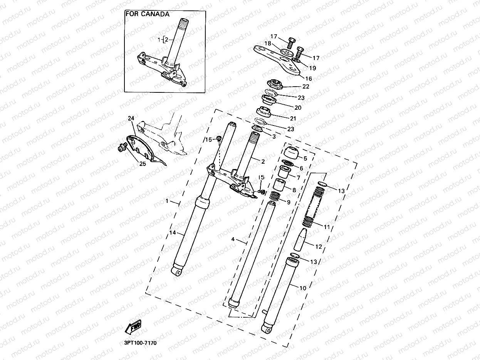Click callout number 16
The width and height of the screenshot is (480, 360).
click(x=308, y=78)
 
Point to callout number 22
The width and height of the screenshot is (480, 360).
click(x=306, y=87)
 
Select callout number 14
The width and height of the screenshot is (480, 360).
click(x=172, y=233)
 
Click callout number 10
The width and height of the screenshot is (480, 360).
click(x=302, y=288)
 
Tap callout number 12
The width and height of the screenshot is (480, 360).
click(x=318, y=246)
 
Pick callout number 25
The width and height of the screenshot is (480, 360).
click(x=143, y=164)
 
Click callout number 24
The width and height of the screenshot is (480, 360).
click(x=131, y=119)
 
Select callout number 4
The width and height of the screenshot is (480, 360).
click(x=233, y=239)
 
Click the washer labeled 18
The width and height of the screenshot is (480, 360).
click(x=286, y=52)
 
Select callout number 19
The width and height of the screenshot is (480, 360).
click(x=312, y=68)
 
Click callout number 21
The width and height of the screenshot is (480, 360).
click(x=293, y=118)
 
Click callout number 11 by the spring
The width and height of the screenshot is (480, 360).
click(x=327, y=227)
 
